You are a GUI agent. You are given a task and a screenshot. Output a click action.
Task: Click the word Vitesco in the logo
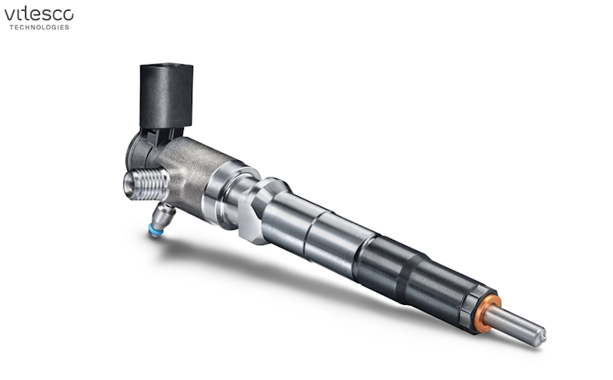[38, 14]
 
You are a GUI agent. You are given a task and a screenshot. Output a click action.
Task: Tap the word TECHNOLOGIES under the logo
[38, 28]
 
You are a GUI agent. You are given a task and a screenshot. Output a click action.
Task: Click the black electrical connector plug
[166, 96]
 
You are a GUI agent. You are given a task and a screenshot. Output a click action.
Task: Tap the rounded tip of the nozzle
[541, 335]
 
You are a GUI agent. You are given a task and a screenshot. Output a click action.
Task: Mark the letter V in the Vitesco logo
[9, 14]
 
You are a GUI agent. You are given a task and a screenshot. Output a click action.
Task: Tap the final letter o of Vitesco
[69, 14]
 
